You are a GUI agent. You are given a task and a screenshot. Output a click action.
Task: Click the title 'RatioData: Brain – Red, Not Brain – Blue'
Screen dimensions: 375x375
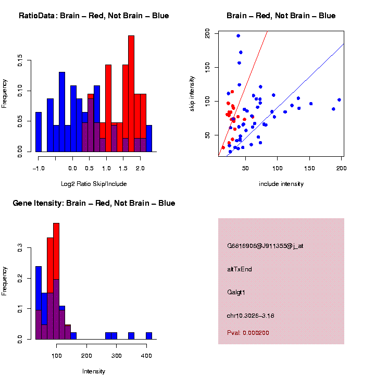coord(94,16)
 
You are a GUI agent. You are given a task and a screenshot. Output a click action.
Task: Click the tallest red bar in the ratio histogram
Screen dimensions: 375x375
coord(131,94)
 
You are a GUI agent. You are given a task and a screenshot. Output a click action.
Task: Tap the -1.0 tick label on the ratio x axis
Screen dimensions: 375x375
coord(37,168)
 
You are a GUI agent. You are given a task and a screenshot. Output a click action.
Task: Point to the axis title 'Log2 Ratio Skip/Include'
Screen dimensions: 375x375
coord(94,183)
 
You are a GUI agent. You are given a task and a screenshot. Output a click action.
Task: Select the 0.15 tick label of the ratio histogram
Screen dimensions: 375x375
coord(20,62)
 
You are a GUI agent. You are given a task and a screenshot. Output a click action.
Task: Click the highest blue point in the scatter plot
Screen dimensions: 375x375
coord(238,36)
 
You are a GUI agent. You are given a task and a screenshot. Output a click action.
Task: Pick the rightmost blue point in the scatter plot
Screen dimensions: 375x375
coord(339,99)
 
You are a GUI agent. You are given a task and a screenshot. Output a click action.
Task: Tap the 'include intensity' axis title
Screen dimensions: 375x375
coord(281,183)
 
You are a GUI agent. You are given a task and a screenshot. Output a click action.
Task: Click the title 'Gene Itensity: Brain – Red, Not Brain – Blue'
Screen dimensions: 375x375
coord(94,203)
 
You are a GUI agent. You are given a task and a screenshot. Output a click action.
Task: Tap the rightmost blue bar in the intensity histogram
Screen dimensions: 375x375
coord(149,335)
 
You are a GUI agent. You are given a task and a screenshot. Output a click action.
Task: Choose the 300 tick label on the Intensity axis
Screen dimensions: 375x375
coord(116,356)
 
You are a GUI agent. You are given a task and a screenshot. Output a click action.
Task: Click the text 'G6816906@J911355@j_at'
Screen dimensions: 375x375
coord(265,246)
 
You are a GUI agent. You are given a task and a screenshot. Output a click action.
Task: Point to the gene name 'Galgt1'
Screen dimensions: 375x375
coord(236,292)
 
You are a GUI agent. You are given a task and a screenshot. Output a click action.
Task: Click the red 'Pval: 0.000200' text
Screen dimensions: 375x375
coord(248,333)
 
